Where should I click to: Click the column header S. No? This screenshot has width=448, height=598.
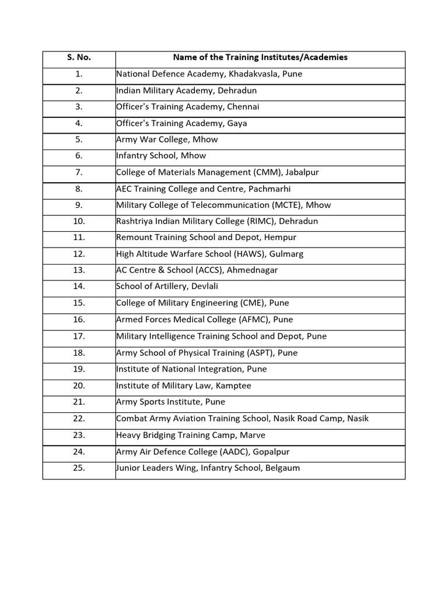click(79, 58)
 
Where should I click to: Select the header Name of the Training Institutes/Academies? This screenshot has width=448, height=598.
click(260, 58)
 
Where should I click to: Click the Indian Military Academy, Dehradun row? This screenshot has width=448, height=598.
click(186, 91)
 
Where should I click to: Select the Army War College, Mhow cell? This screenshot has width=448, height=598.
click(167, 140)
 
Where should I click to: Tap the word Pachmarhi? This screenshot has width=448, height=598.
click(269, 189)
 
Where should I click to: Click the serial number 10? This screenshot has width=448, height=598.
click(79, 221)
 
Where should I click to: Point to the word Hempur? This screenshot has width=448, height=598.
click(281, 238)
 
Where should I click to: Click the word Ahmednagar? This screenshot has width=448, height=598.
click(252, 270)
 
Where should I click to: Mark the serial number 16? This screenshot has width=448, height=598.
click(79, 319)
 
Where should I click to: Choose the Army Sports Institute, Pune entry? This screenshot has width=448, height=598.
click(170, 402)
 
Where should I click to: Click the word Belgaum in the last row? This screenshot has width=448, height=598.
click(282, 468)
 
